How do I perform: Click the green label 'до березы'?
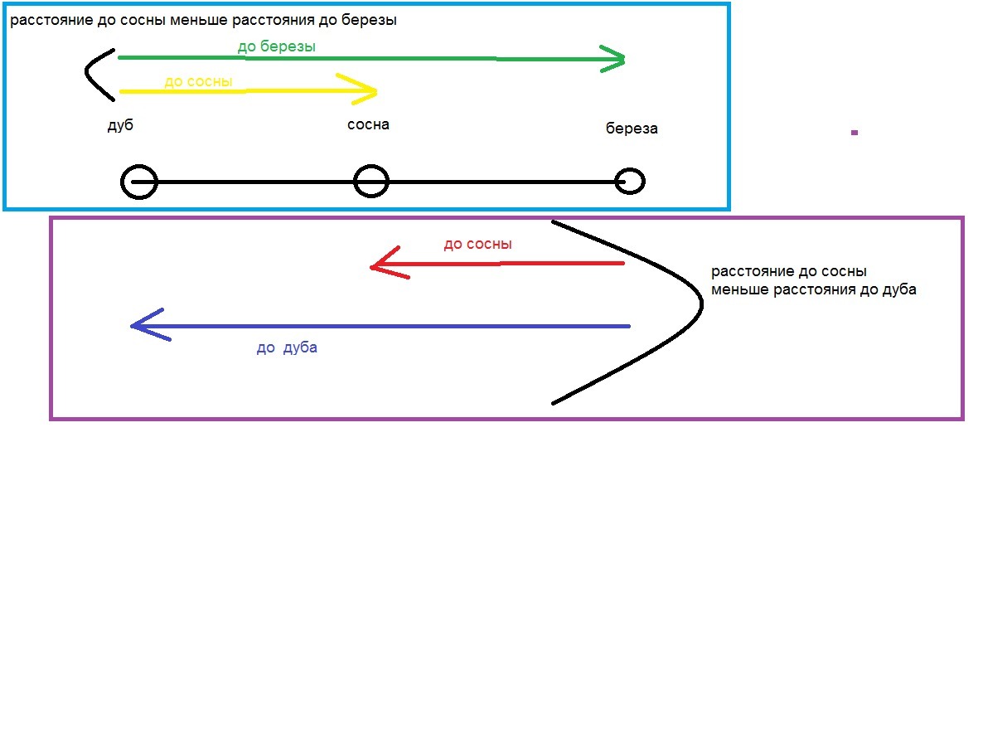tap(277, 47)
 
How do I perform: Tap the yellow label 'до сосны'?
tap(198, 82)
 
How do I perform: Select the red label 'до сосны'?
tap(477, 245)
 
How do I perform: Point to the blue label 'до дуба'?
tap(287, 347)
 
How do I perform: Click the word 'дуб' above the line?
tap(120, 124)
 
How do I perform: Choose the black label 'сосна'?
tap(368, 124)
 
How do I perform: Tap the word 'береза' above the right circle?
tap(632, 129)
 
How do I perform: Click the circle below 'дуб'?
tap(138, 182)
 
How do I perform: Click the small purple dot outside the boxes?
tap(854, 133)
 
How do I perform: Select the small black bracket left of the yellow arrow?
tap(86, 73)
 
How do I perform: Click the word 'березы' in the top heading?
tap(369, 20)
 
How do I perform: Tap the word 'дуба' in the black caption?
tap(898, 289)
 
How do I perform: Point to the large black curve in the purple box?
tap(701, 304)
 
